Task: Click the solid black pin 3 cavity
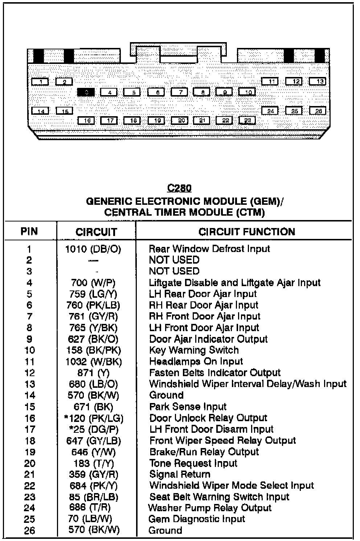click(x=86, y=92)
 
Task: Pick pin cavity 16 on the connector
click(x=86, y=120)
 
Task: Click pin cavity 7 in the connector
click(x=179, y=92)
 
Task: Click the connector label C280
click(x=179, y=188)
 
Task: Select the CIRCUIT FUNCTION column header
click(x=247, y=232)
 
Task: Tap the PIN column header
click(x=29, y=231)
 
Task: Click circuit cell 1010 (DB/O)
click(x=93, y=249)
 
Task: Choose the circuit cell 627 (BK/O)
click(x=93, y=339)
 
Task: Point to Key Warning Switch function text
click(x=194, y=350)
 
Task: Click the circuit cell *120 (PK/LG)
click(x=94, y=418)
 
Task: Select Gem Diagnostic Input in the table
click(x=196, y=519)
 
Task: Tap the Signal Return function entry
click(x=180, y=474)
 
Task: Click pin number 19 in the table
click(x=30, y=452)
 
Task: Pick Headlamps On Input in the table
click(x=196, y=362)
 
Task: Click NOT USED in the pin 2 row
click(x=174, y=260)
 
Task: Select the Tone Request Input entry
click(x=193, y=463)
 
